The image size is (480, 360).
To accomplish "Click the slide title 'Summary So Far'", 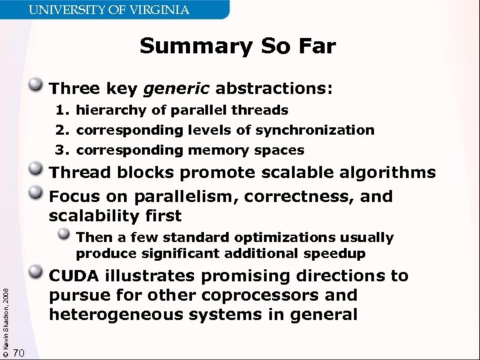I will (x=237, y=47).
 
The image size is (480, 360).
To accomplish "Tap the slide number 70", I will (x=19, y=353).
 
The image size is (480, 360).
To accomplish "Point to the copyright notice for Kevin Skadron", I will (x=6, y=313).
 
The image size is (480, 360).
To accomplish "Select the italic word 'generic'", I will (x=171, y=88).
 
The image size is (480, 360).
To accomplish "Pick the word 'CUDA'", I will (x=75, y=276).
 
